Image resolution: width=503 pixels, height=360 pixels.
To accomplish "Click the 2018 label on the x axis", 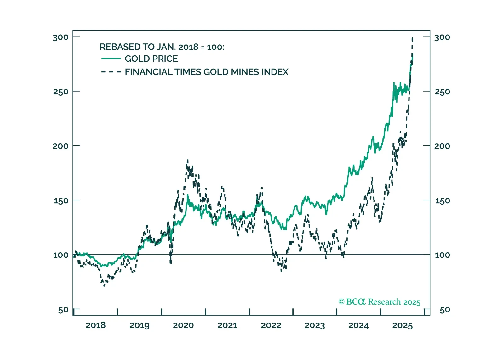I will click(95, 325).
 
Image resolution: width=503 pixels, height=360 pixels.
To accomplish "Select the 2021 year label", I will click(227, 325).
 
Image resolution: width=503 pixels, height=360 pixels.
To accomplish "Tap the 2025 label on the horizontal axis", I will click(402, 325).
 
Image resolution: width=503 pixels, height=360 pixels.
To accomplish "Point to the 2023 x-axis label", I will click(315, 325).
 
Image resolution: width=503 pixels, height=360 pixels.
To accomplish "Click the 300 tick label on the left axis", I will click(60, 37).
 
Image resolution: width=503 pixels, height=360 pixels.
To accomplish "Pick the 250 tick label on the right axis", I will click(442, 92).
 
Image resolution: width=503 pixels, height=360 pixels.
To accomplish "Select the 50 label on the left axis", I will click(63, 310).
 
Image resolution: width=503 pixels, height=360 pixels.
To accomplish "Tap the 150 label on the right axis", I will click(442, 201).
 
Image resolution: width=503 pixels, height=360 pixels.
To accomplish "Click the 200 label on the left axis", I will click(60, 146).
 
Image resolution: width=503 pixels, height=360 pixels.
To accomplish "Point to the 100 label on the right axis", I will click(442, 255).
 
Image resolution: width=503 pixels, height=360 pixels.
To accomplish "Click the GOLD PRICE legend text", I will click(151, 59).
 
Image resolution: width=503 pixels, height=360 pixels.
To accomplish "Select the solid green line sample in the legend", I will click(111, 59).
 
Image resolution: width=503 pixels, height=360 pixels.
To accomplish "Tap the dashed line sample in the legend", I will click(111, 72).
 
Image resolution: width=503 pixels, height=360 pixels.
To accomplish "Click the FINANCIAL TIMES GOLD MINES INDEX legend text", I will click(206, 72).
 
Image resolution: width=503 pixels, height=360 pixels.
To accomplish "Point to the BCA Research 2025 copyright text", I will click(379, 302).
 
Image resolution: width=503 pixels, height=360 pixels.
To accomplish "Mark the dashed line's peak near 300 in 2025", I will click(412, 38).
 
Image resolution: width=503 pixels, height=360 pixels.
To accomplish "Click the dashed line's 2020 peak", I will click(187, 160).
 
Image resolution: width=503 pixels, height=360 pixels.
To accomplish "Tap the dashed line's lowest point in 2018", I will click(104, 285).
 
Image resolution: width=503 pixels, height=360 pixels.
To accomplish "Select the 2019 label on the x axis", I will click(139, 325).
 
